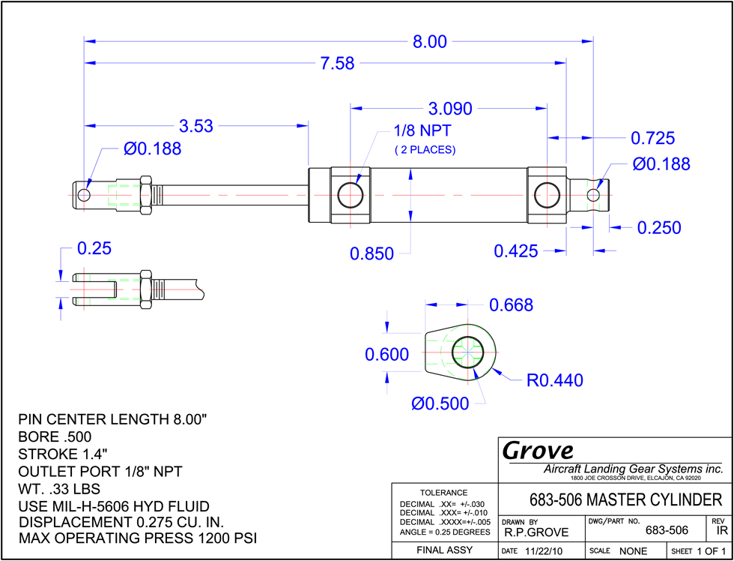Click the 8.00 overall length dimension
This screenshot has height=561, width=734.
(429, 42)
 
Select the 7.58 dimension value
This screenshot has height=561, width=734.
(337, 64)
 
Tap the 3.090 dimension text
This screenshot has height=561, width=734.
(450, 109)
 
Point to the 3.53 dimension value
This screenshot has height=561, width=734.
(196, 126)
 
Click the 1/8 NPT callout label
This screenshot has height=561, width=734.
(425, 130)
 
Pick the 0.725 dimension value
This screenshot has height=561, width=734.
(652, 138)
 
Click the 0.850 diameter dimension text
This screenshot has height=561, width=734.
(371, 253)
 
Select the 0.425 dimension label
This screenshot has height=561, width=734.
(516, 252)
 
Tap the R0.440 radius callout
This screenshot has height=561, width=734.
(555, 380)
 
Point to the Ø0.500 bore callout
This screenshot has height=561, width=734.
(440, 403)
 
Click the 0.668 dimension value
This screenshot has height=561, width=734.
(511, 305)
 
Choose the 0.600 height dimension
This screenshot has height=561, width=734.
(387, 355)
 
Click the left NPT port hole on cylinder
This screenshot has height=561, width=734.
(351, 194)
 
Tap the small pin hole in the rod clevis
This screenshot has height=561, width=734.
(84, 194)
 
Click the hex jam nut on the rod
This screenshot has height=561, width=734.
(145, 194)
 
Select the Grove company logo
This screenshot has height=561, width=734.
(538, 451)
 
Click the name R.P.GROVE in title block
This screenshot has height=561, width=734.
(536, 532)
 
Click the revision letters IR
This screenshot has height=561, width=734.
(721, 531)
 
